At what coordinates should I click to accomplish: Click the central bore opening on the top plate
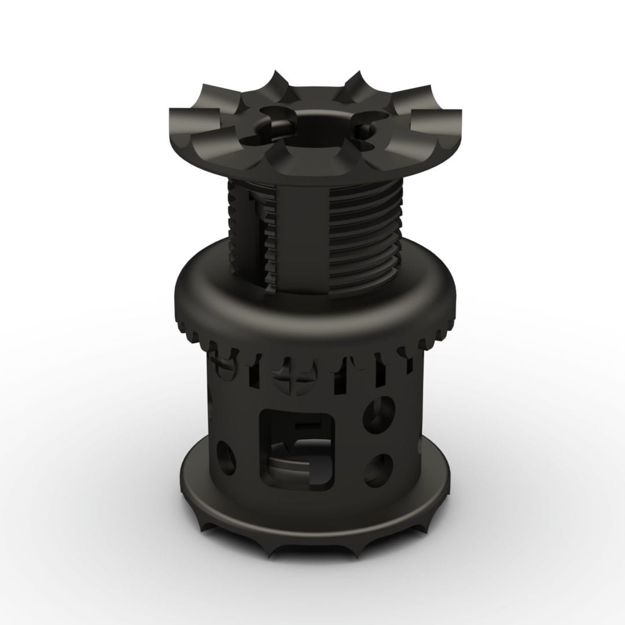312,124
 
